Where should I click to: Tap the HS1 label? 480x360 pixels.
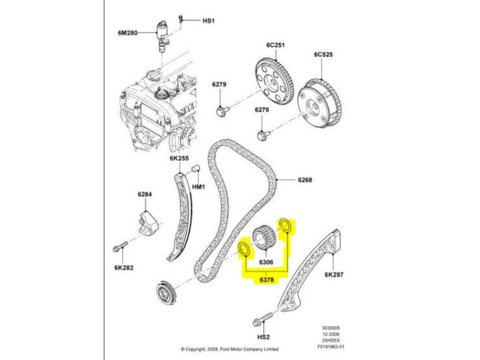tap(208, 21)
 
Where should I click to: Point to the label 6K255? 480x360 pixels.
tap(179, 159)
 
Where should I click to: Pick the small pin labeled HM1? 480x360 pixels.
tap(196, 173)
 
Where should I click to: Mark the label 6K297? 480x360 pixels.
tap(334, 275)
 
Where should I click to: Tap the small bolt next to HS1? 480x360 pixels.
tap(185, 21)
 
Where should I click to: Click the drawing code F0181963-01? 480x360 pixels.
tap(334, 346)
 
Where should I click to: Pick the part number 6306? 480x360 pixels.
tap(266, 262)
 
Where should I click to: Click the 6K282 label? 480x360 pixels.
tap(124, 268)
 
